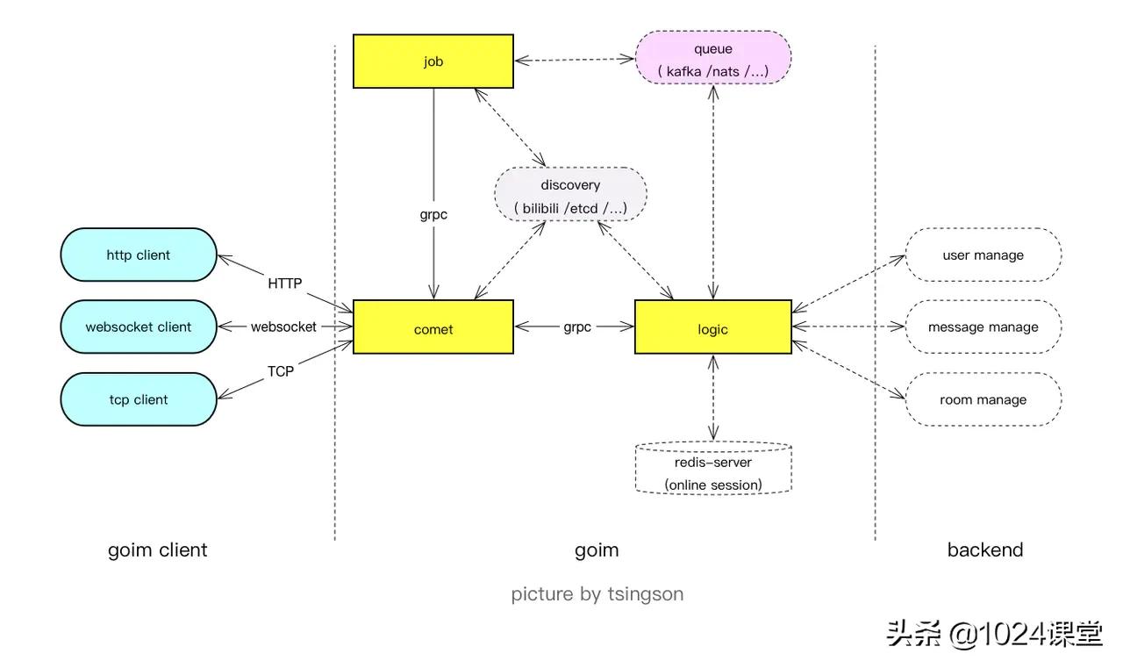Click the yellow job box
click(433, 61)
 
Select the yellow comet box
click(433, 327)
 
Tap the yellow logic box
click(713, 327)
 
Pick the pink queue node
click(713, 58)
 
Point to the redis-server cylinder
click(713, 469)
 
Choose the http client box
click(139, 255)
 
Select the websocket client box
click(139, 327)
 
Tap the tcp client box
click(139, 399)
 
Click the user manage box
click(983, 255)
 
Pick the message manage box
click(983, 327)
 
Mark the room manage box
click(983, 399)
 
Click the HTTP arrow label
click(285, 284)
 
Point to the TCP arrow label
click(281, 371)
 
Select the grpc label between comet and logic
click(576, 327)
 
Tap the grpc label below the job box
click(433, 213)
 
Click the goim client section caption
click(158, 550)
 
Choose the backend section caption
click(985, 550)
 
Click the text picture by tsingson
click(597, 594)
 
